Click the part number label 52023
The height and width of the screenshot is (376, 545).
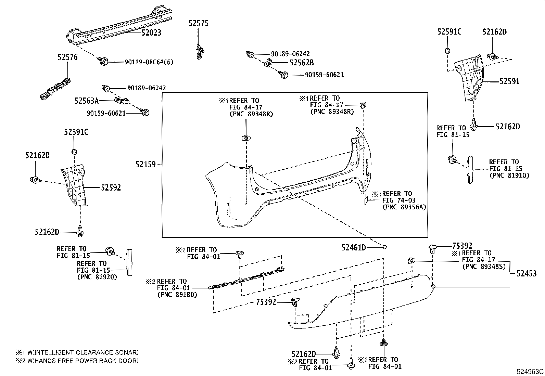[151, 33]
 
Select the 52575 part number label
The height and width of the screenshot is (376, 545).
[199, 23]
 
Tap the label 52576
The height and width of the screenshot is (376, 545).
[68, 57]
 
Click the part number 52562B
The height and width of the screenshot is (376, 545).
[302, 63]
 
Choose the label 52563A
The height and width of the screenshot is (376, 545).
[87, 101]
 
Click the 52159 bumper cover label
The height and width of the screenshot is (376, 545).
[145, 165]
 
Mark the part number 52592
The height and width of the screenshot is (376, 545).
[111, 187]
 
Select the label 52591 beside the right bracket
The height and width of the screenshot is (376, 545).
[509, 81]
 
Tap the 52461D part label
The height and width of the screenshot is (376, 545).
[354, 248]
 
